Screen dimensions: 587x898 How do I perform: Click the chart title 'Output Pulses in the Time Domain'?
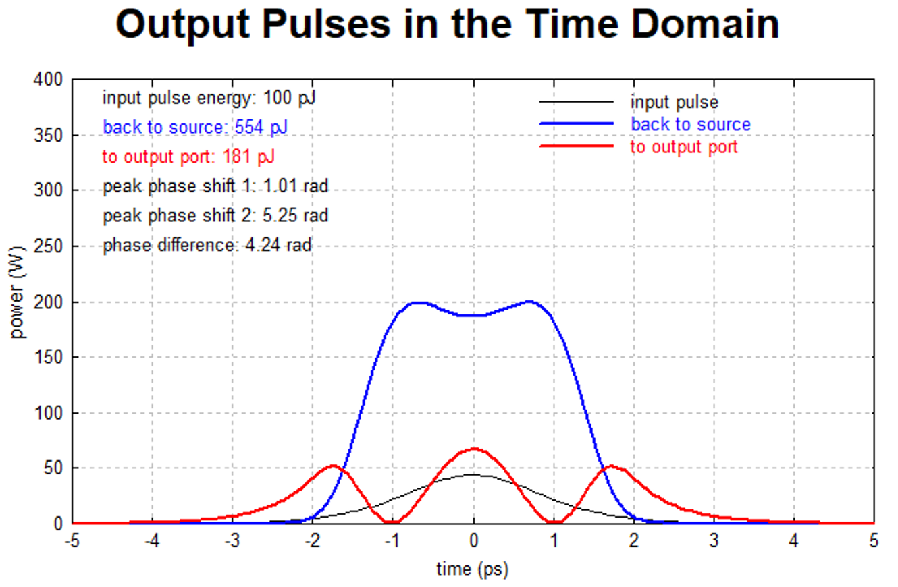point(448,25)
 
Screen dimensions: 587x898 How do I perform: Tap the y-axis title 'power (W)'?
point(20,302)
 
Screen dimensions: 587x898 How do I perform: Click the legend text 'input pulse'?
point(674,103)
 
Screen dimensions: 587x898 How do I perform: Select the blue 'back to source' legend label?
point(690,124)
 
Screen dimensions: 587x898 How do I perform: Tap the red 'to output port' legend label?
point(684,146)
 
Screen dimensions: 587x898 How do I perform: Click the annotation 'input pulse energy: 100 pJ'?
point(209,98)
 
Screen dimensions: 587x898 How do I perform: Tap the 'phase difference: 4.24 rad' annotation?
point(207,246)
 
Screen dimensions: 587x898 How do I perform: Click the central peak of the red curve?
point(473,449)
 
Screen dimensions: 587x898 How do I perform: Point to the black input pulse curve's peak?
point(473,474)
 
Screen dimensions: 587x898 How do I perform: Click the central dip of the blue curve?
point(473,315)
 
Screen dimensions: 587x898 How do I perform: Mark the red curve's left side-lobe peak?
point(334,466)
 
